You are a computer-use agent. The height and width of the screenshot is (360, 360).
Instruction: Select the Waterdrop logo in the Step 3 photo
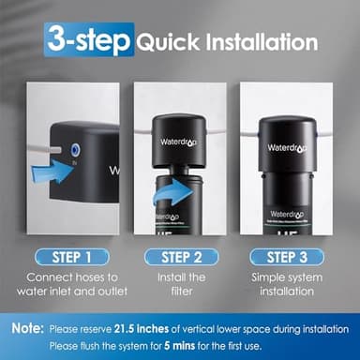click(x=286, y=147)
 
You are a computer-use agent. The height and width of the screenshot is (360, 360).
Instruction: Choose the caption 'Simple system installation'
click(x=285, y=286)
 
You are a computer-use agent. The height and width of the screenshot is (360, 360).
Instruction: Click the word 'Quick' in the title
click(x=163, y=42)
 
